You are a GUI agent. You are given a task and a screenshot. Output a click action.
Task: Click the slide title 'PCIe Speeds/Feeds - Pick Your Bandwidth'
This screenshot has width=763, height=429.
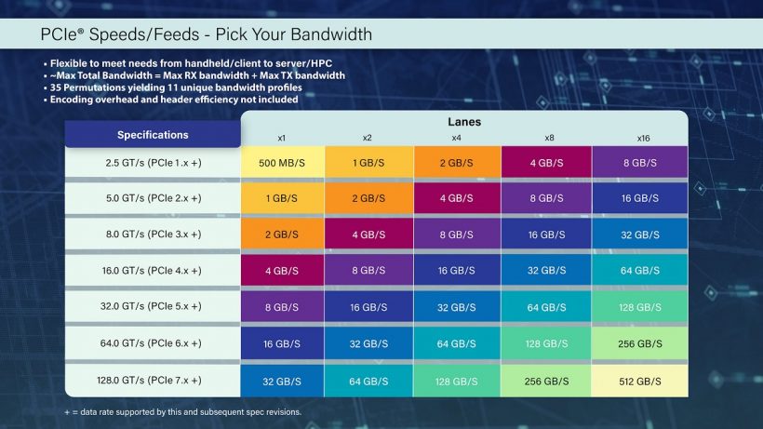click(206, 34)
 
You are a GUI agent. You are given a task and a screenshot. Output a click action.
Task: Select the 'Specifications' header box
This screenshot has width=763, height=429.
click(153, 135)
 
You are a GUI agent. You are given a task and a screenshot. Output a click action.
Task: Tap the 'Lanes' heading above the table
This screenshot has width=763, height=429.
click(464, 122)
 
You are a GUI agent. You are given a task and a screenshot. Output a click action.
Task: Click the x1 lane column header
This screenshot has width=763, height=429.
click(282, 138)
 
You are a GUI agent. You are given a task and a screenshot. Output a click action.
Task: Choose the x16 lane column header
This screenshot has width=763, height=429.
click(643, 138)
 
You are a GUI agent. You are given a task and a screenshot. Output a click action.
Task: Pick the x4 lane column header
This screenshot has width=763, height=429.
click(456, 138)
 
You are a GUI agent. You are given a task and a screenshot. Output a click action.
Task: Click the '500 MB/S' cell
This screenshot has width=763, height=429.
click(282, 162)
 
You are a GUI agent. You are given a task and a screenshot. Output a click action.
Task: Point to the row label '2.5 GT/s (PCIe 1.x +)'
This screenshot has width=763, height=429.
click(153, 162)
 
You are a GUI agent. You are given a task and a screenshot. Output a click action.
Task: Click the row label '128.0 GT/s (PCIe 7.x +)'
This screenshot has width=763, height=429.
click(153, 380)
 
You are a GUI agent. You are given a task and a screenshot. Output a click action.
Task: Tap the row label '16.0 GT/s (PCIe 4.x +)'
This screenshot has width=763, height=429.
click(153, 271)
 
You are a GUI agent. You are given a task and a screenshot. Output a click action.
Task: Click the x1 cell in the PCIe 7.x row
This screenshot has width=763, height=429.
click(282, 380)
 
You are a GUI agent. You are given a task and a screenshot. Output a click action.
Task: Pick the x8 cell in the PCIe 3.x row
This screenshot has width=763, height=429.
click(546, 235)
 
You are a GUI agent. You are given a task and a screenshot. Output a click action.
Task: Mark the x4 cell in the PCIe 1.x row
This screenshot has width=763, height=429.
click(456, 162)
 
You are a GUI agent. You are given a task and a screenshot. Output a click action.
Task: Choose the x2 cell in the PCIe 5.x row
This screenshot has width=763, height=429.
click(368, 307)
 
